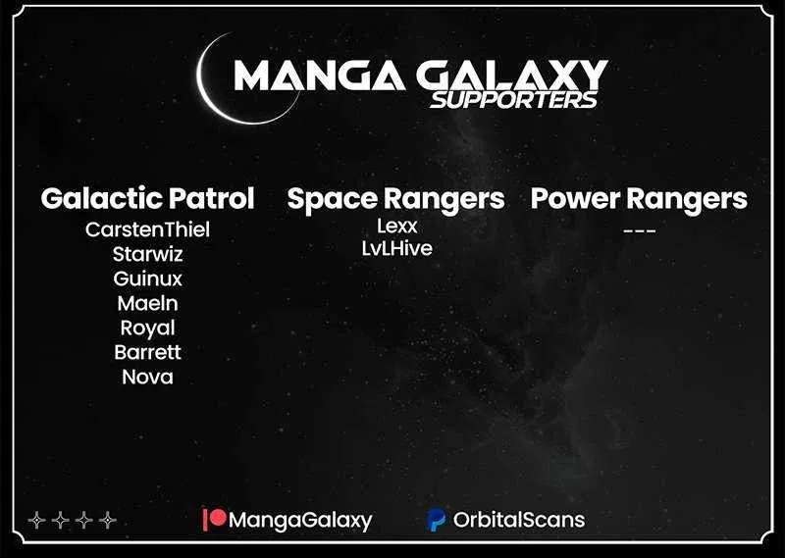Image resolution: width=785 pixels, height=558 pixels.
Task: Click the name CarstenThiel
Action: coord(147,229)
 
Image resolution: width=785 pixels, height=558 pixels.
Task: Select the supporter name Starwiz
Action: coord(147,254)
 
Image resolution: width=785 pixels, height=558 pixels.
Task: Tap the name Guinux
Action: coord(147,279)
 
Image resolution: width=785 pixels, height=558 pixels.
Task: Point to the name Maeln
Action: coord(147,303)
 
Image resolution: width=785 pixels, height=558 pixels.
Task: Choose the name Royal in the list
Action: coord(147,329)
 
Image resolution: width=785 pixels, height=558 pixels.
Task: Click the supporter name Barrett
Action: coord(147,352)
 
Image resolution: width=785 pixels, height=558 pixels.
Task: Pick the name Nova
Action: coord(147,377)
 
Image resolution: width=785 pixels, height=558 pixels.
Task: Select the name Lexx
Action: coord(397,226)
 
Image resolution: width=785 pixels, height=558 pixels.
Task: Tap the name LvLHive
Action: coord(397,248)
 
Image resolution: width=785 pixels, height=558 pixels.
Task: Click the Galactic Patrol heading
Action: coord(148,198)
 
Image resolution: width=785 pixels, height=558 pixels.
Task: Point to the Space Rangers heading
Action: coord(395,200)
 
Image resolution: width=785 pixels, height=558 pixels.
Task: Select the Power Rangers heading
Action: coord(639,200)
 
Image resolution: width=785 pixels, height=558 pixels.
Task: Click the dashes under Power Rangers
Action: coord(640,231)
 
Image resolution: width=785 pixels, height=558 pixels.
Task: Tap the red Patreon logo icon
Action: coord(214,519)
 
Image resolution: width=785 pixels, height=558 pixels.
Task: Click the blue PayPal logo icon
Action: coord(437,520)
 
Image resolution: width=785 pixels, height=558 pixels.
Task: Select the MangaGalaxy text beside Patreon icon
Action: coord(300,521)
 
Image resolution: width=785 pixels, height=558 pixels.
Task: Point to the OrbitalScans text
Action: coord(519,520)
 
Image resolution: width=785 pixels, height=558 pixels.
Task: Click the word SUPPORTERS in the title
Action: coord(513,100)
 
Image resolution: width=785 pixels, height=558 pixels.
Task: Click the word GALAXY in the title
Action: coord(511,76)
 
